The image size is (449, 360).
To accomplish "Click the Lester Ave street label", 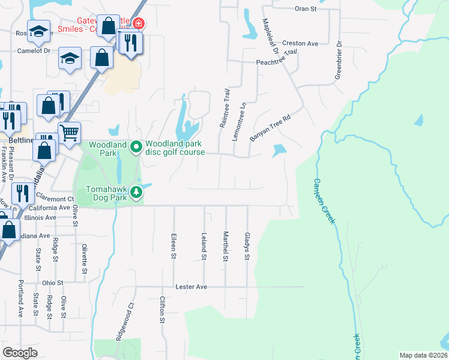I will point(191,287).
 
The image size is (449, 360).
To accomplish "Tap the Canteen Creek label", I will point(323,202).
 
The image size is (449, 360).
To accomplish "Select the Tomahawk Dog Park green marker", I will point(137,192).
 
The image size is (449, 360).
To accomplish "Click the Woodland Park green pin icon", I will point(136,145).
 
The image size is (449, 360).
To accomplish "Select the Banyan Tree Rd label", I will point(270,127).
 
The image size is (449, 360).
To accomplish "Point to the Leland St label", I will point(204,247).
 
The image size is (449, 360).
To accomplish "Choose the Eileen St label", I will point(173,246).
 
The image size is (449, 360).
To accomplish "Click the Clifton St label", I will point(162,310).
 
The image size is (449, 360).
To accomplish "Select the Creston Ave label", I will point(300,44).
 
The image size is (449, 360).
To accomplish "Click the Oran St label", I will point(305,8).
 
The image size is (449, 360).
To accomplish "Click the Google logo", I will point(20,353).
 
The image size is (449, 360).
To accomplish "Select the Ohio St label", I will point(53,283).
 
